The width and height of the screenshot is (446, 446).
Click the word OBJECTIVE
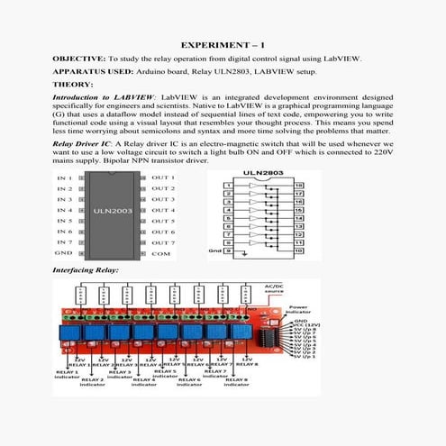point(82,59)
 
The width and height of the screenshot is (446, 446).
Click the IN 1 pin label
point(65,177)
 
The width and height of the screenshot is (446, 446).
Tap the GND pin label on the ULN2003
point(64,254)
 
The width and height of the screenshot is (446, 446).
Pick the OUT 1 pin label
point(163,177)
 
